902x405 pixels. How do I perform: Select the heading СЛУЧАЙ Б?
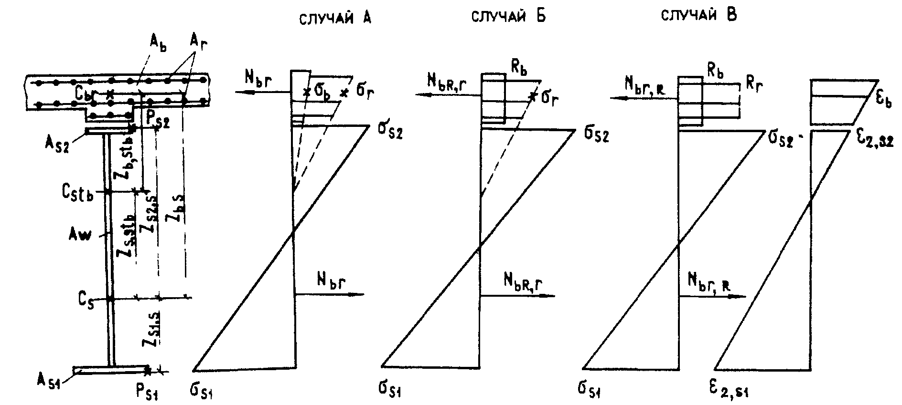coord(508,17)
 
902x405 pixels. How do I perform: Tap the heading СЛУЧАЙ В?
coord(699,15)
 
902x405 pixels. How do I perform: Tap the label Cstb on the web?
coord(76,194)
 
